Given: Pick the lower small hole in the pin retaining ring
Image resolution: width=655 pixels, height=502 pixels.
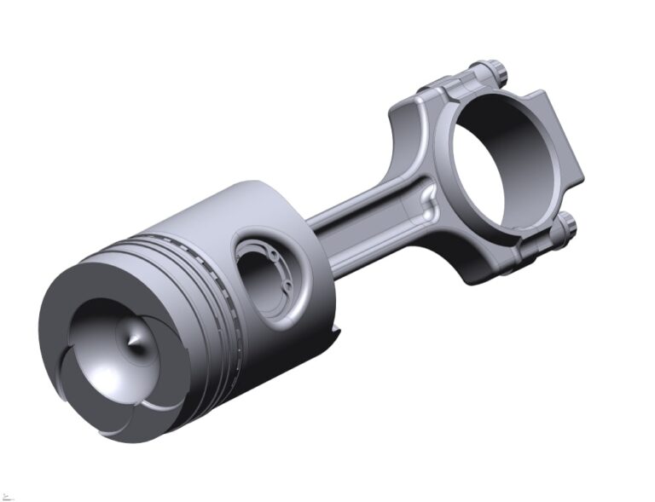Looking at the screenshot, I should tap(287, 284).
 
